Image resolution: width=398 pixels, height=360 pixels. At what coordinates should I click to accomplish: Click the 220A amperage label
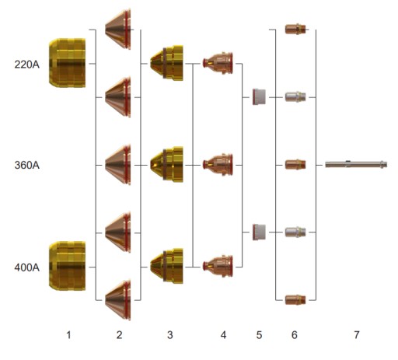[27, 65]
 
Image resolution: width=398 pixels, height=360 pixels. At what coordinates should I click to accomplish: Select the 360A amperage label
[27, 165]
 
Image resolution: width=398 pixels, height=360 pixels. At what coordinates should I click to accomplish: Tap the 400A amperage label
[27, 267]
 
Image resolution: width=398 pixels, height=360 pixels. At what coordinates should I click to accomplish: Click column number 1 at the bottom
[68, 335]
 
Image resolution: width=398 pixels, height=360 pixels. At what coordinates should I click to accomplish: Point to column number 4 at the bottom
[223, 335]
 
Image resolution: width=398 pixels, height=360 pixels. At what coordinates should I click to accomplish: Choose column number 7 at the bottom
[357, 335]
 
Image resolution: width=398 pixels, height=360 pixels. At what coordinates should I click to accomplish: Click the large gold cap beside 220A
[67, 63]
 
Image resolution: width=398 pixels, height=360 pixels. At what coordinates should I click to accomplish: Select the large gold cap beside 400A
[67, 266]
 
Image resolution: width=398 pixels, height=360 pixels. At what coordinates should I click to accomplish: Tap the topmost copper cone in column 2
[118, 29]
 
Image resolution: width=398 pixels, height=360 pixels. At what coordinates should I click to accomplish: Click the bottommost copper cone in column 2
[118, 300]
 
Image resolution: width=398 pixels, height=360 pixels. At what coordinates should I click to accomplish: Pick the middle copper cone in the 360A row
[118, 165]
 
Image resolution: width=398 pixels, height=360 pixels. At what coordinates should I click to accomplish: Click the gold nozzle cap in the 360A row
[166, 165]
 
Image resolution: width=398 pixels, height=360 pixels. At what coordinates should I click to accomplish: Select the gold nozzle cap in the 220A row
[166, 63]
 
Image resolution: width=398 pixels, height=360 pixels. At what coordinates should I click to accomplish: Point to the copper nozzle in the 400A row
[218, 267]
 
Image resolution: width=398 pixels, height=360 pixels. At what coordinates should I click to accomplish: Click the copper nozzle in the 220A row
[218, 63]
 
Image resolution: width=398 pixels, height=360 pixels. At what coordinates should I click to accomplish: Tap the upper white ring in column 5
[259, 97]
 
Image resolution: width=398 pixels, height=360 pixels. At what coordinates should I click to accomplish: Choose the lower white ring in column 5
[259, 232]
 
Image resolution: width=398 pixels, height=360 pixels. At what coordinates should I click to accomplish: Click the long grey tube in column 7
[356, 164]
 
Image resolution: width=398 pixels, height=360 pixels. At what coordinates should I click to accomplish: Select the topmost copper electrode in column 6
[295, 29]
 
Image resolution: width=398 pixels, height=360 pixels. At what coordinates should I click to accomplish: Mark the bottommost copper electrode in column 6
[295, 300]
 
